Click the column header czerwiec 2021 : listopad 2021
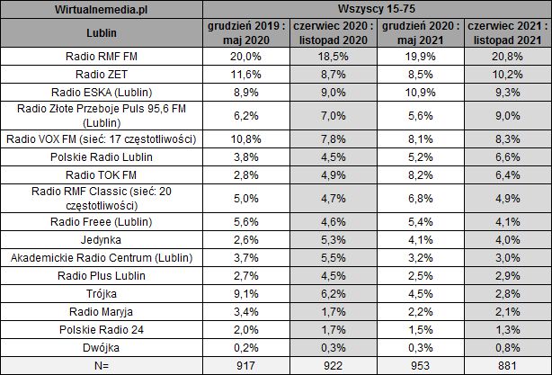pos(506,35)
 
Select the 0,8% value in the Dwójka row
pos(506,344)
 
